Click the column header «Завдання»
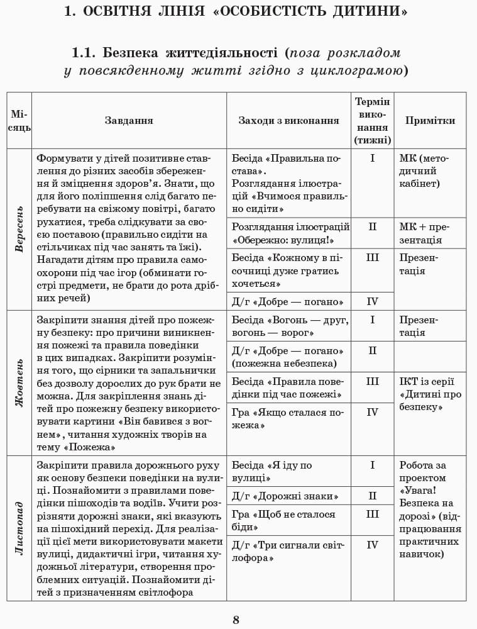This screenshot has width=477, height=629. point(129,121)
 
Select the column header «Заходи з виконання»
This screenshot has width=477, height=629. point(288,121)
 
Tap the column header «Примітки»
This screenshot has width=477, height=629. point(430,121)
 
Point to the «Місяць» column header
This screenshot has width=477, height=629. point(19,121)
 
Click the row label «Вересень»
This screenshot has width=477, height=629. point(19,229)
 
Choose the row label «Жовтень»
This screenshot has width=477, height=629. point(19,382)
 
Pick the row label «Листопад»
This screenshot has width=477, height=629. point(19,528)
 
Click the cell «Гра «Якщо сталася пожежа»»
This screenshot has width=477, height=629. point(288,419)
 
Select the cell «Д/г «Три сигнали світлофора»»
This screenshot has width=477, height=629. point(288,552)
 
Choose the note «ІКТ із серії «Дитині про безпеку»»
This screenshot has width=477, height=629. point(430,394)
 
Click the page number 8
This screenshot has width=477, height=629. point(236,620)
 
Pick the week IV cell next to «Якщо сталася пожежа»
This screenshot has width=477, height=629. point(372,413)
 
